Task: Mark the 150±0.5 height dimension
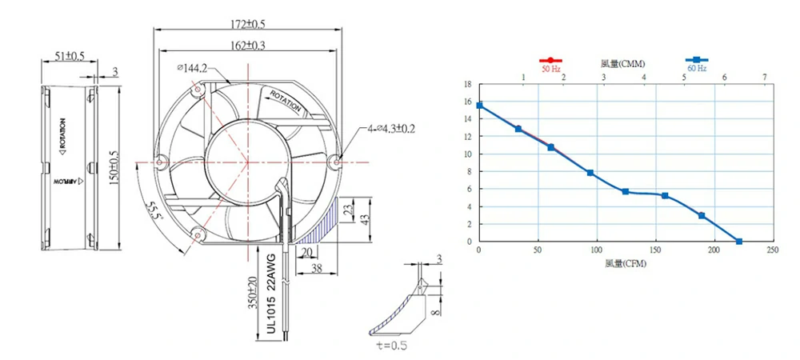tap(114, 163)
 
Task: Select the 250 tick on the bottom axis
tap(773, 251)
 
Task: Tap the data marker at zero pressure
tap(738, 241)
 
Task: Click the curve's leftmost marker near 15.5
tap(479, 106)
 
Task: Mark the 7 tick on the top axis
tap(765, 77)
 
